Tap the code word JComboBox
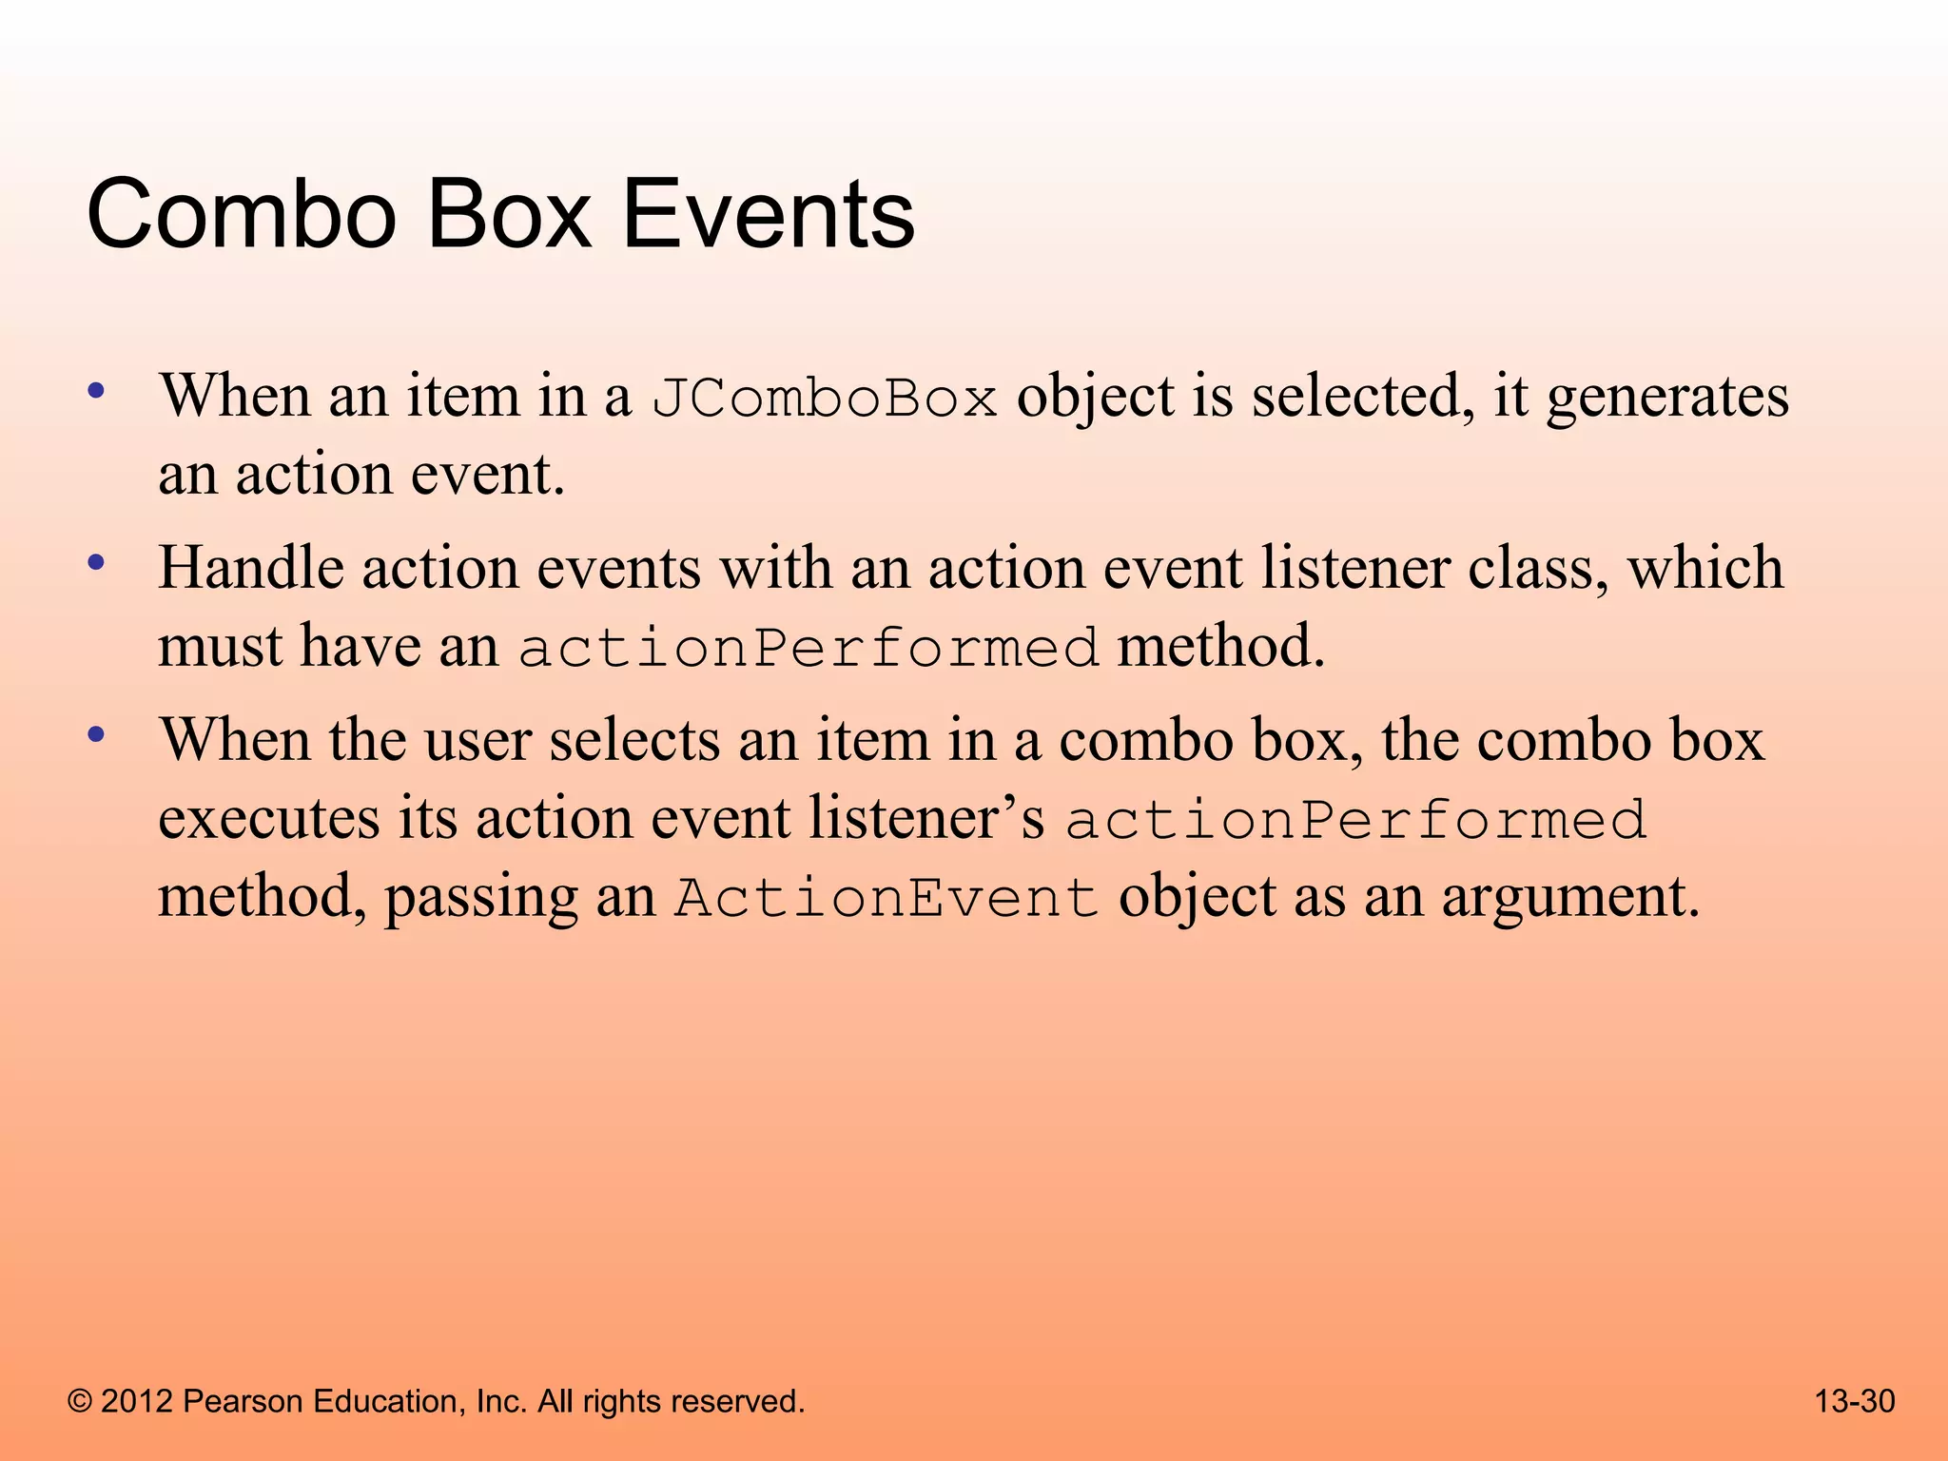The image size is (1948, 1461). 825,399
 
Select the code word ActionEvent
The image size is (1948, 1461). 886,899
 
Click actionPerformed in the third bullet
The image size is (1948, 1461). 1355,820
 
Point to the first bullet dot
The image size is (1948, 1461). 95,391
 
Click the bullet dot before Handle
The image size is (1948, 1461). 95,563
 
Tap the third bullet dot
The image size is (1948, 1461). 95,735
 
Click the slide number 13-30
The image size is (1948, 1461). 1855,1401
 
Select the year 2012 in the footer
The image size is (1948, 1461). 137,1402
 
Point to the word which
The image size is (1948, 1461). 1704,568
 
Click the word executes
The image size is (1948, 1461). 269,820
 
